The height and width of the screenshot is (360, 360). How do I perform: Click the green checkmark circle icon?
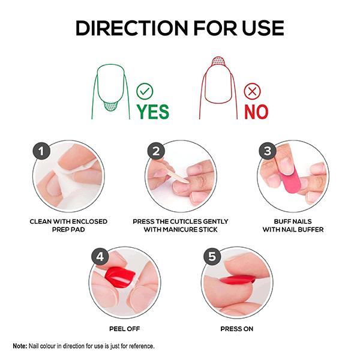pyautogui.click(x=145, y=91)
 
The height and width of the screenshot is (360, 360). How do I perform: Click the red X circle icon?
pyautogui.click(x=253, y=91)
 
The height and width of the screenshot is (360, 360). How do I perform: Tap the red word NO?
pyautogui.click(x=256, y=111)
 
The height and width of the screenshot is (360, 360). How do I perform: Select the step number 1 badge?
pyautogui.click(x=41, y=151)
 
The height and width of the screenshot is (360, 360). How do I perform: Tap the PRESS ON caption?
pyautogui.click(x=236, y=329)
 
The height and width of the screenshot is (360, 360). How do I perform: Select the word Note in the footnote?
pyautogui.click(x=20, y=346)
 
